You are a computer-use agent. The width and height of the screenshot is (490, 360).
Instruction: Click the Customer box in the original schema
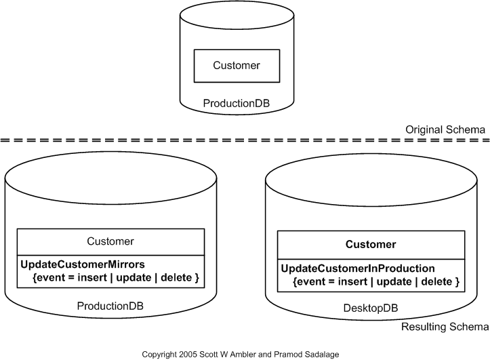(x=236, y=66)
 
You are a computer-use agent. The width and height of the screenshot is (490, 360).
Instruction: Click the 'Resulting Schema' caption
(x=445, y=327)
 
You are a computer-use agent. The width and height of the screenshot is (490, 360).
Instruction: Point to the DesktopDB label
(x=370, y=308)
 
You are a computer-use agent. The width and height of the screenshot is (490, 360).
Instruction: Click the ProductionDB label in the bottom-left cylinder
(x=110, y=305)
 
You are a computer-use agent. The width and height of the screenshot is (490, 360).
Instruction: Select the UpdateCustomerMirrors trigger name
(x=79, y=264)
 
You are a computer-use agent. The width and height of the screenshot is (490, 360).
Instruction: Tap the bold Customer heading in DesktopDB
(x=370, y=244)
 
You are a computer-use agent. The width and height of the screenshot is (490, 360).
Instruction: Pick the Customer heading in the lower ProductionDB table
(x=110, y=241)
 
